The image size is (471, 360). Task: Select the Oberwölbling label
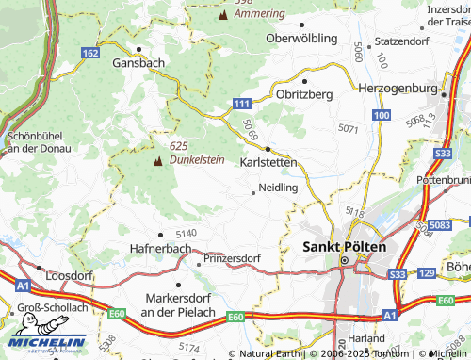pos(301,39)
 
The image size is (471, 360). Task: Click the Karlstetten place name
pos(268,162)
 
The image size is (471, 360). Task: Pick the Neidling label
pos(278,188)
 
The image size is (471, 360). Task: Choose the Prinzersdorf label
pos(232,257)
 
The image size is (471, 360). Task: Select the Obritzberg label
pos(304,95)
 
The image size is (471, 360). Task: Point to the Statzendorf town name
pos(401,42)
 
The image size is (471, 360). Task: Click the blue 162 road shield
pos(89,54)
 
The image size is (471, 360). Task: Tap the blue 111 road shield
pos(242,103)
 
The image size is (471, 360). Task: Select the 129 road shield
pos(426,272)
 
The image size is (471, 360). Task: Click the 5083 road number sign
pos(439,226)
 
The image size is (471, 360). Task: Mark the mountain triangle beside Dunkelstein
pos(157,162)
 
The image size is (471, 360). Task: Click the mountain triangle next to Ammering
pos(222,16)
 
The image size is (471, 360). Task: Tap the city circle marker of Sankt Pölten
pos(345,260)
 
